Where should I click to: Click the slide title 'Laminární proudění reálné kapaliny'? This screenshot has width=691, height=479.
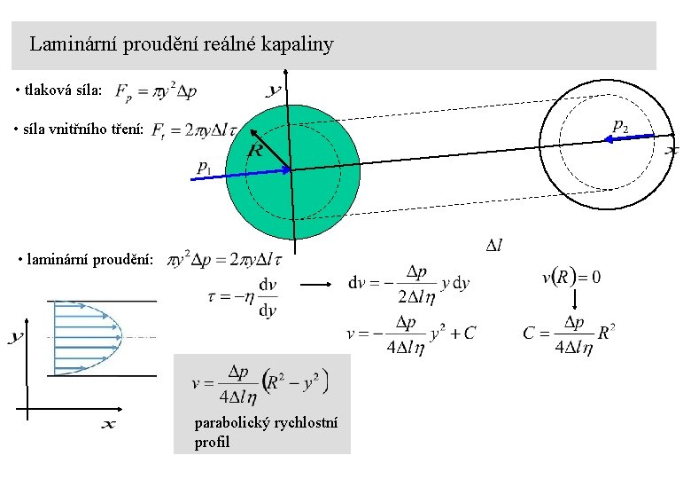click(181, 43)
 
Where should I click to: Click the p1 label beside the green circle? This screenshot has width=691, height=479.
click(205, 165)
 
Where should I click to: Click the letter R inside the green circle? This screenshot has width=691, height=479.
click(254, 151)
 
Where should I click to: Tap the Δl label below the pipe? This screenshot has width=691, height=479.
click(493, 245)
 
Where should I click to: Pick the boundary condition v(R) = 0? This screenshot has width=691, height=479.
click(571, 277)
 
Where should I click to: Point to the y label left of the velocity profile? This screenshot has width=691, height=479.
click(16, 337)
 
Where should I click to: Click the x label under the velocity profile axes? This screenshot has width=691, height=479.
click(107, 425)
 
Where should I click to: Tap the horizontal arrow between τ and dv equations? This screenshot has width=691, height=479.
click(314, 286)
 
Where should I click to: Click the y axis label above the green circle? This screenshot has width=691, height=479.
click(275, 90)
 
